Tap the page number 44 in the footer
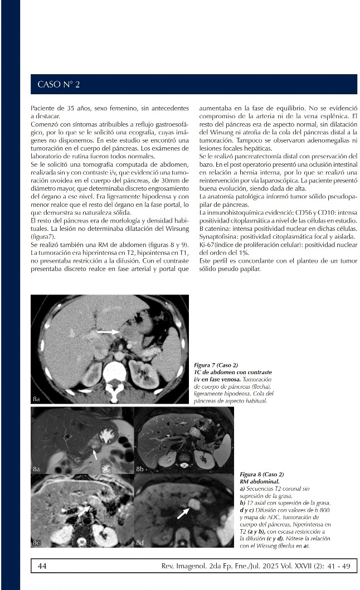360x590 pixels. tap(42, 566)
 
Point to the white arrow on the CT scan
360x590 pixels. tap(108, 332)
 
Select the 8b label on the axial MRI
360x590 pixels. tap(140, 470)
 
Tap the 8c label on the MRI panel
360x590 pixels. tap(37, 542)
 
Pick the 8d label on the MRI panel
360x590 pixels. tap(140, 542)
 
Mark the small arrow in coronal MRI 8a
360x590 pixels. tap(95, 454)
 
